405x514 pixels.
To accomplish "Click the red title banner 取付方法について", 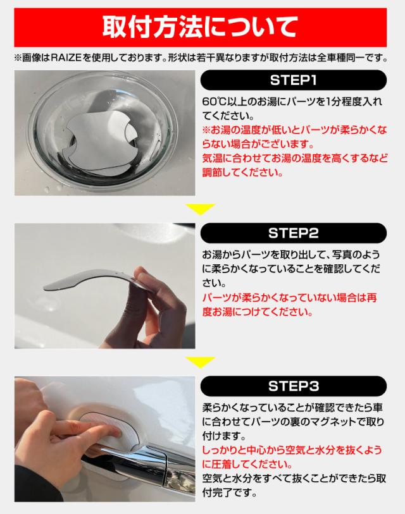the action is pos(200,28).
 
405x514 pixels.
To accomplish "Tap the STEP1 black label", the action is pos(294,80).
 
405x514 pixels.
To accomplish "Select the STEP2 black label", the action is pos(294,233).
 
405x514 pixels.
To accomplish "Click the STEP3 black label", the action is pos(294,386).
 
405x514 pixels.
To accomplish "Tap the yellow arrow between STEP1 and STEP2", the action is pos(200,209).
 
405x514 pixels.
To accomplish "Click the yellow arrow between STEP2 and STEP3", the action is pos(200,362).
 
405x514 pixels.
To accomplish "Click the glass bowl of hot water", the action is pos(103,131).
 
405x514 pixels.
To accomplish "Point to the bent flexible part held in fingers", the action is pos(89,278).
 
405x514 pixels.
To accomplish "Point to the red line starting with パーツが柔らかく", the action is pos(289,298).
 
